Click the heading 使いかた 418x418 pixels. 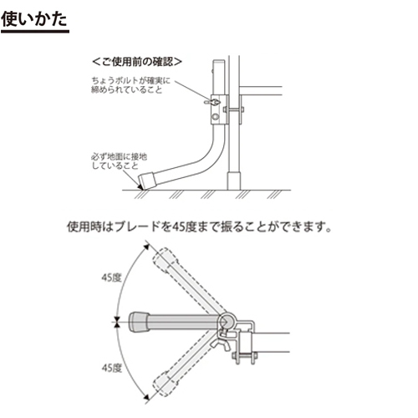coord(34,19)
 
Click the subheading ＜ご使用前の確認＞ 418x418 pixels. coord(137,62)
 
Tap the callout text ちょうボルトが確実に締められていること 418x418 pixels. coord(130,85)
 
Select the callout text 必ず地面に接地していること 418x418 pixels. coord(120,161)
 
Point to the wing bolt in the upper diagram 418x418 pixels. coord(212,103)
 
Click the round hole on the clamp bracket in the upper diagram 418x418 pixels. coord(215,116)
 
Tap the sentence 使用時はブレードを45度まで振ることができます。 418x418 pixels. coord(200,227)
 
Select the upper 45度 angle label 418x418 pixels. coord(111,278)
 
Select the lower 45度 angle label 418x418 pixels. coord(112,368)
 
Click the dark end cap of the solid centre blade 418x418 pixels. coord(139,322)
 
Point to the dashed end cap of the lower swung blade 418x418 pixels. coord(166,385)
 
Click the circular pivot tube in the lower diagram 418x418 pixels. coord(226,322)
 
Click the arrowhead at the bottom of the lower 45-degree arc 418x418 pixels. coord(146,397)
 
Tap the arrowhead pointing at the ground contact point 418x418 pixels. coord(140,187)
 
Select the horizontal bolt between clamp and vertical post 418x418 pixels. coord(235,110)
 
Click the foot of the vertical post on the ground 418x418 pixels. coord(234,181)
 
